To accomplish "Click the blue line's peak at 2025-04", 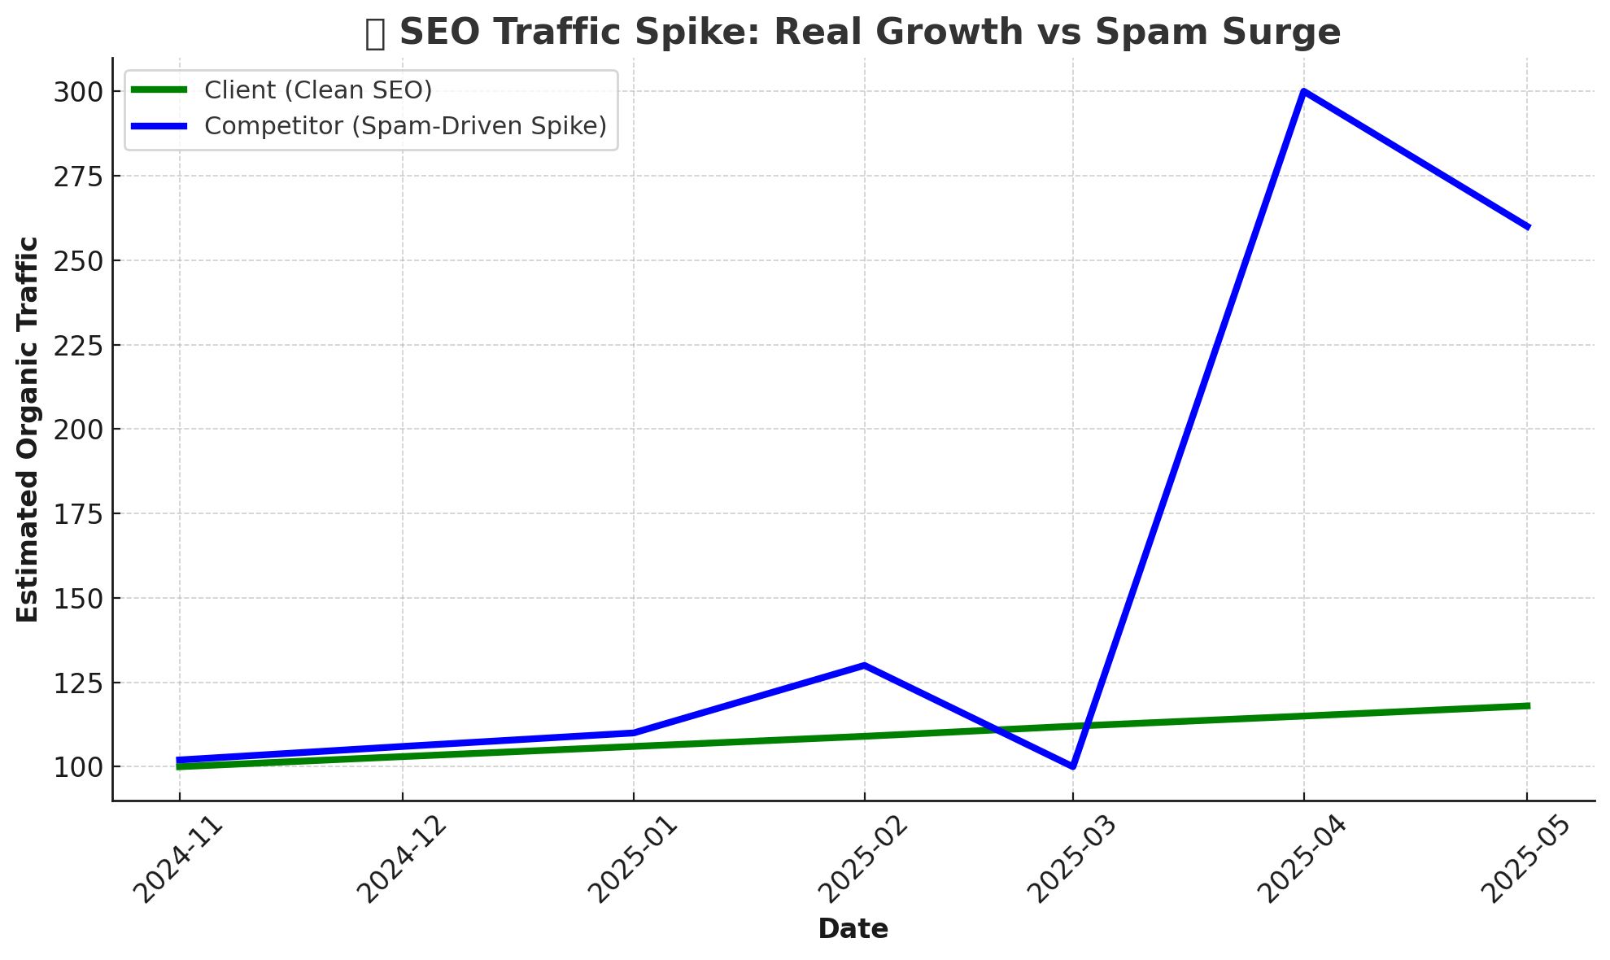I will tap(1303, 91).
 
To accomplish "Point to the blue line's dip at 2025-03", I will tap(1073, 766).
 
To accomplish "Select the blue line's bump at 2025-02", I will tap(864, 665).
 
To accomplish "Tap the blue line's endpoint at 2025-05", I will tap(1528, 227).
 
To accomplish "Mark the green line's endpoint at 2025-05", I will tap(1528, 706).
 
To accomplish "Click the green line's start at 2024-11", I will tap(180, 766).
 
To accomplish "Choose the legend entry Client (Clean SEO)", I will tap(318, 90).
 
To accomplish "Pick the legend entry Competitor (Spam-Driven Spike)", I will tap(405, 126).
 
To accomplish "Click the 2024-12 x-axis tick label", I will tap(403, 859).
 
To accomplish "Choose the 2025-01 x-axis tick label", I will tap(633, 859).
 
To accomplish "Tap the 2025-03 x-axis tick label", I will tap(1073, 859).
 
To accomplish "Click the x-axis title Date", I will tap(853, 929).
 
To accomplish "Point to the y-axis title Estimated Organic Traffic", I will tap(28, 430).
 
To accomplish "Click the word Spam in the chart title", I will tap(1135, 33).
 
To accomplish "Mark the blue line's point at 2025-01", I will tap(633, 733).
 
